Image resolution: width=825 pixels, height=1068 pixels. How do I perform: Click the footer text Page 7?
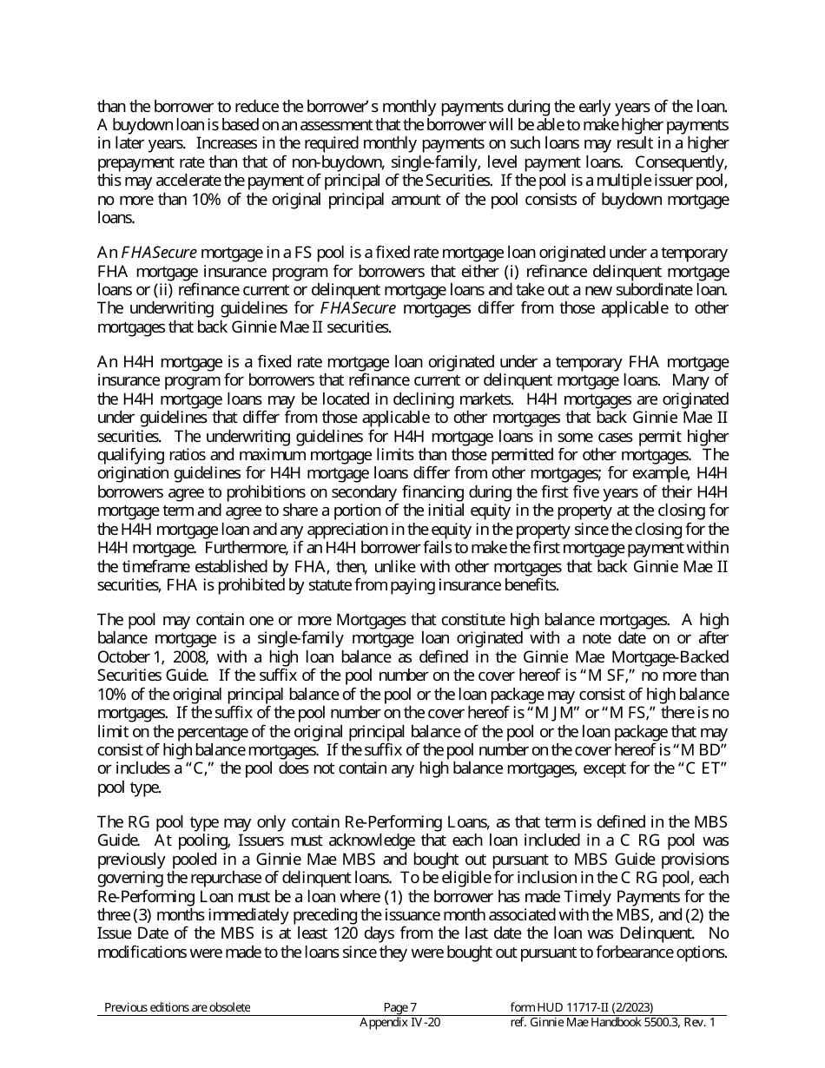coord(400,1007)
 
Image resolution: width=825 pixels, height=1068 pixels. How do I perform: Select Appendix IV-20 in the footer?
coord(399,1023)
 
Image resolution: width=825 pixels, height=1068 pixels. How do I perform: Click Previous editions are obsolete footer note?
coord(177,1007)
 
